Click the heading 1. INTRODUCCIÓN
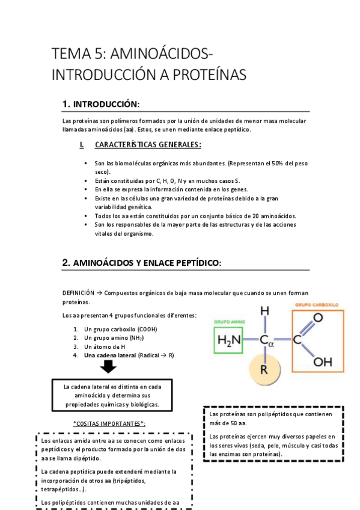(100, 104)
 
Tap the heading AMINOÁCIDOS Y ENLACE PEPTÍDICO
(142, 262)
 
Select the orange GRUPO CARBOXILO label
(317, 305)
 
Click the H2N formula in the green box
(229, 340)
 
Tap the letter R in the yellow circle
(263, 369)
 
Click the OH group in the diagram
(322, 362)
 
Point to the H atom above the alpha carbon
(264, 311)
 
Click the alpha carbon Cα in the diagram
(266, 341)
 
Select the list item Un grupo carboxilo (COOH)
(117, 329)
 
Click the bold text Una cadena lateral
(110, 355)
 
